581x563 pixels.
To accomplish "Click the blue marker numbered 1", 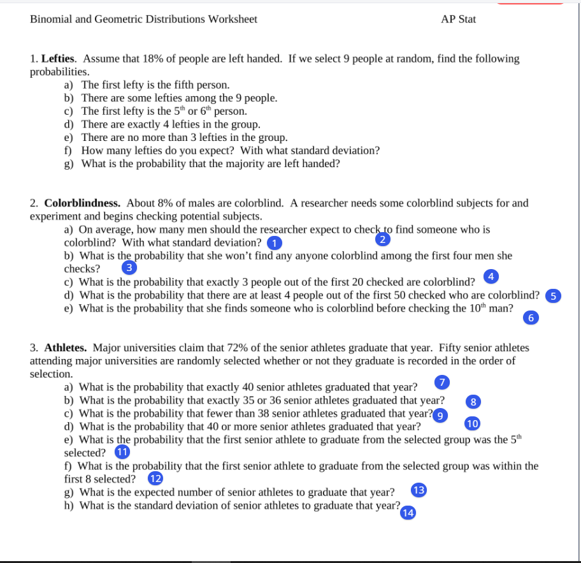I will point(274,243).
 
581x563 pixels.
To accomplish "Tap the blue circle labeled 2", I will point(382,240).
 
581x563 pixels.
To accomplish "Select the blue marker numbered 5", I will point(554,295).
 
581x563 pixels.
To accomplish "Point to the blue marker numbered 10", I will point(471,423).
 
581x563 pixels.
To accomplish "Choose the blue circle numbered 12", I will point(155,478).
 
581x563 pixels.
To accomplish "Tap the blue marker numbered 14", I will point(408,513).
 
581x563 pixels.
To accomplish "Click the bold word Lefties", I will point(59,59).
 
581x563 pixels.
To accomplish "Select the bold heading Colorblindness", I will point(83,203).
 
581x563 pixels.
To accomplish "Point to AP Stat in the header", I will point(458,19).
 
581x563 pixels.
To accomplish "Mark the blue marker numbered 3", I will point(129,268).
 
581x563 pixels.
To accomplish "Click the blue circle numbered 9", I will point(440,415).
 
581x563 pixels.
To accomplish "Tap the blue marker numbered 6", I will point(529,318).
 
